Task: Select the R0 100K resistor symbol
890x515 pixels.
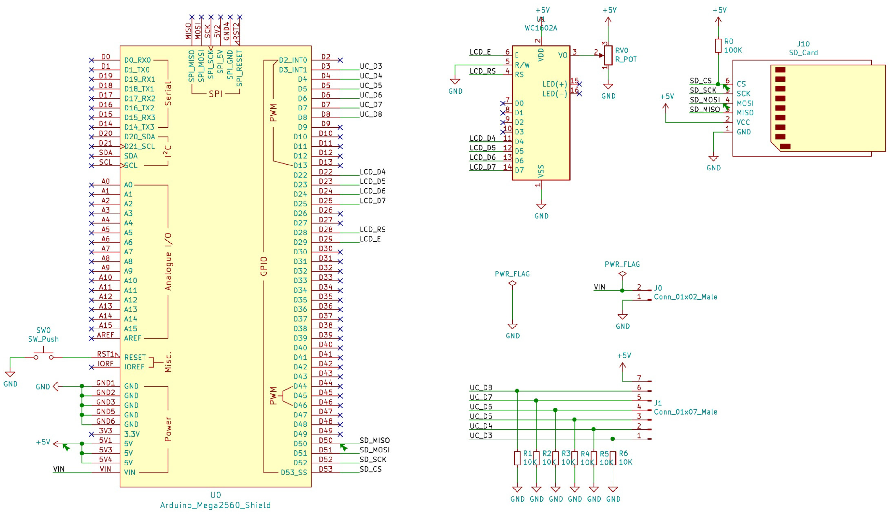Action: (x=718, y=46)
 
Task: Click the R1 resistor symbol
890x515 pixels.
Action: (x=517, y=458)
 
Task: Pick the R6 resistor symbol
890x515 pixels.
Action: (x=613, y=458)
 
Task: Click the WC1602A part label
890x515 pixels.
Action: (x=541, y=28)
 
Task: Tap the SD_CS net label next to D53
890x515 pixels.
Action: (x=370, y=469)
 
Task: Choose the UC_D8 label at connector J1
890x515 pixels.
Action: (x=481, y=387)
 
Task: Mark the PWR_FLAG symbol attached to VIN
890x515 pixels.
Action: (x=622, y=274)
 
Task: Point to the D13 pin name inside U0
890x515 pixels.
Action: (x=300, y=165)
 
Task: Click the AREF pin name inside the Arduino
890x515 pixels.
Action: (x=132, y=338)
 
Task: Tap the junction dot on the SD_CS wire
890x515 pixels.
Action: (x=718, y=84)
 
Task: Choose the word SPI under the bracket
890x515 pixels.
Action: (x=215, y=94)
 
